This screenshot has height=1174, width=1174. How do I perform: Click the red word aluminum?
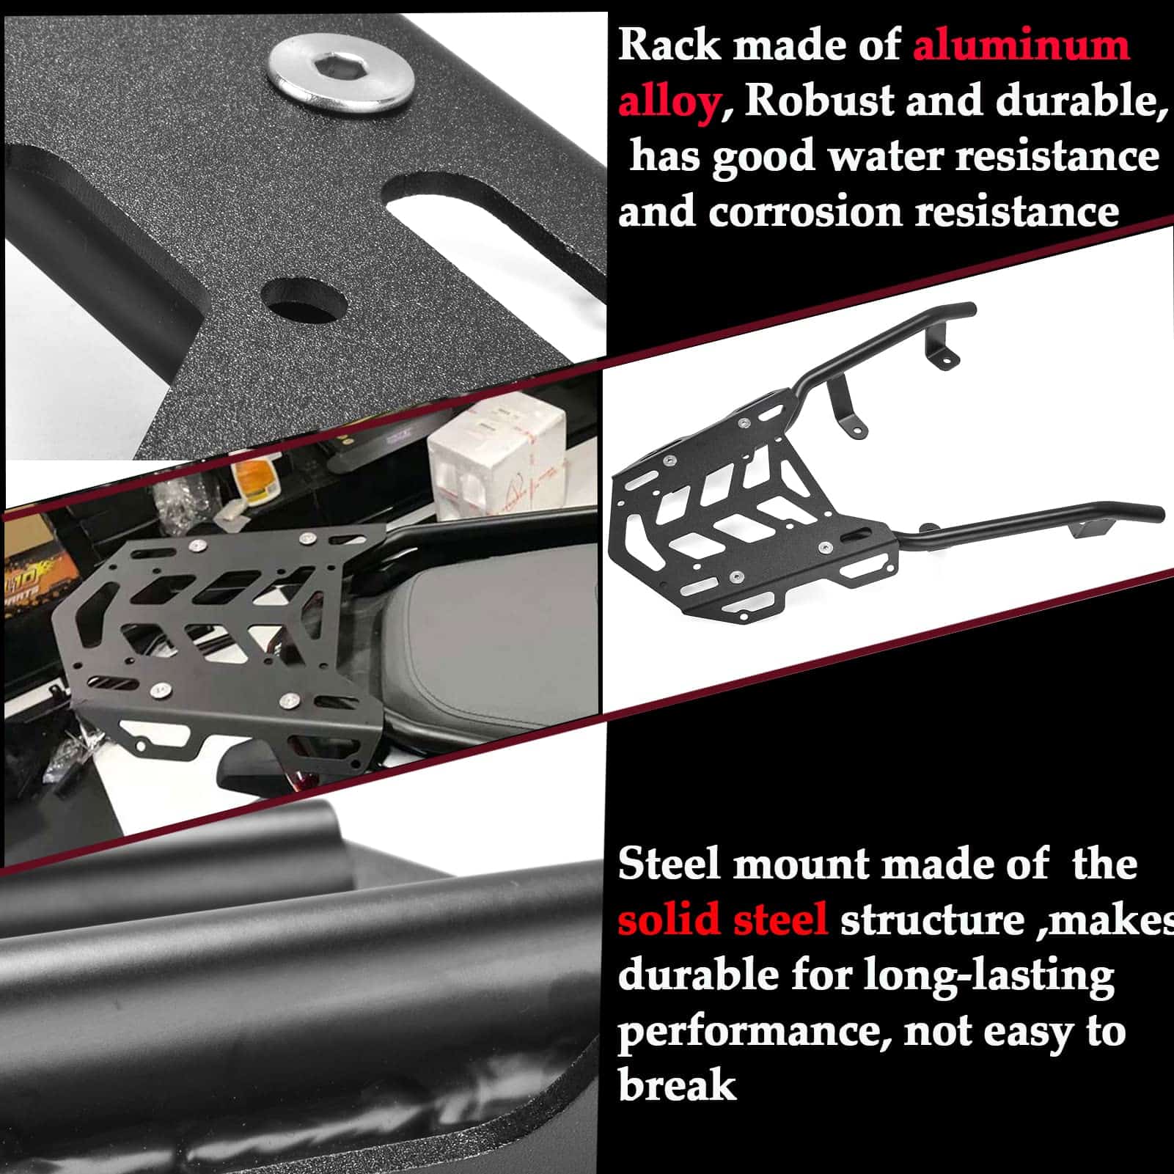click(x=1021, y=45)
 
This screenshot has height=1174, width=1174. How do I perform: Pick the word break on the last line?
click(x=677, y=1085)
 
